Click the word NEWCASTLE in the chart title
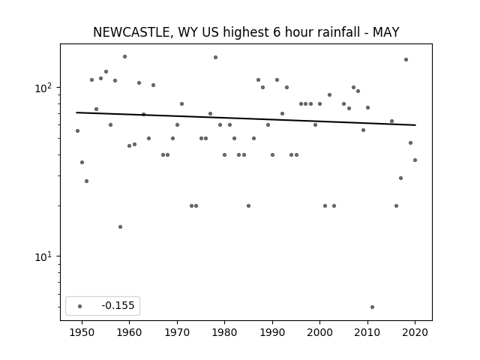pos(131,32)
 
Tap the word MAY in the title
pos(385,32)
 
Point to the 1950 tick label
pos(82,332)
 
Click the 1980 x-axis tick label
pos(224,332)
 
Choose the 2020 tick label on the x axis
pos(415,332)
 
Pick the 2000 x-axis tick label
pos(320,332)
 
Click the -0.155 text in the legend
pos(118,305)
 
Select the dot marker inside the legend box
pos(80,306)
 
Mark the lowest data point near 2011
pos(372,307)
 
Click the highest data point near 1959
pos(125,57)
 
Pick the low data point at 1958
pos(120,226)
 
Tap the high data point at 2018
pos(406,60)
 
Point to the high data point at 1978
pos(215,57)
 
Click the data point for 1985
pos(248,205)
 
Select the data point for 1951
pos(87,181)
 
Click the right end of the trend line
pos(415,125)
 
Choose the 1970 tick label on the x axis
pos(177,332)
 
